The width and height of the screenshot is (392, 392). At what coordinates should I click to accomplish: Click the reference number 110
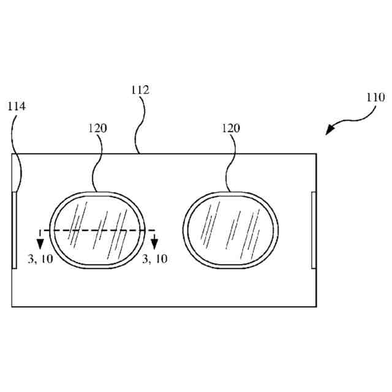coord(375,97)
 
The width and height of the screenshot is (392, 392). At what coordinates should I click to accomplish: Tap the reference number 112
coord(140,90)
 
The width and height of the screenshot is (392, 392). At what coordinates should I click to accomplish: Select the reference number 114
coord(17,106)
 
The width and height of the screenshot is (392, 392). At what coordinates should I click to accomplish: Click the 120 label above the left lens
coord(97,128)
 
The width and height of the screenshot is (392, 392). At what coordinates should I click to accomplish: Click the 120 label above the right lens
coord(231,128)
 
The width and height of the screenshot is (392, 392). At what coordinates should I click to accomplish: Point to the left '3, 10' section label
coord(40,259)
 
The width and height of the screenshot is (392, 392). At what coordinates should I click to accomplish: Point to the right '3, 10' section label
coord(154,259)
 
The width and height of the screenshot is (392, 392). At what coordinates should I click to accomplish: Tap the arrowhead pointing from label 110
coord(331,130)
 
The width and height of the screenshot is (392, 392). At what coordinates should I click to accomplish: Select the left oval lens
coord(97,230)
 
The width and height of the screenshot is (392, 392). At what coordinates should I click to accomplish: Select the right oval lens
coord(231,230)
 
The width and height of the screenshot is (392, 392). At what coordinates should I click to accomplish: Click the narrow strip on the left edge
coord(15,230)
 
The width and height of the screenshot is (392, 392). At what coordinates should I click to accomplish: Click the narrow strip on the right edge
coord(314,230)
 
